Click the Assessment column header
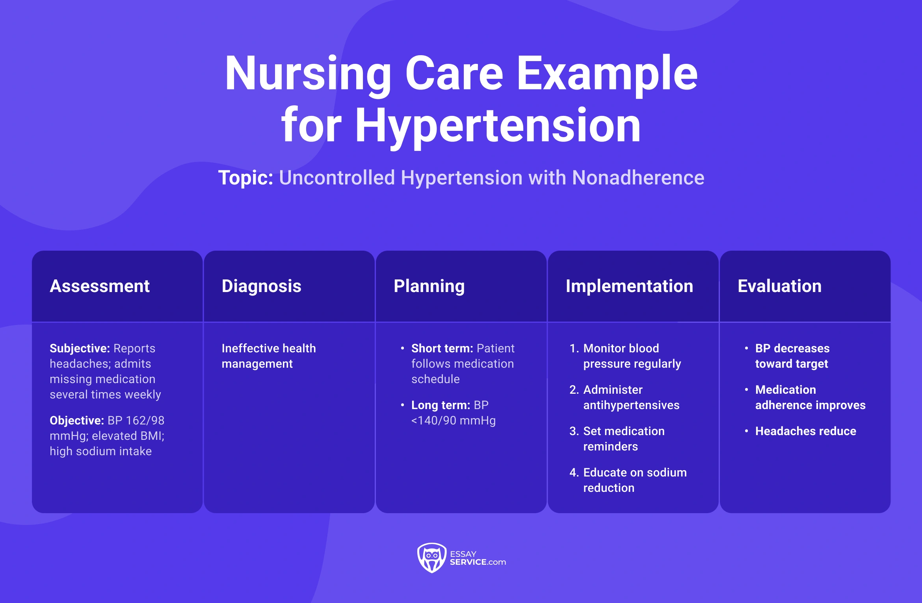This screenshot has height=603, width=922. tap(100, 286)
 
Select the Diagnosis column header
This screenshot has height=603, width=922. tap(261, 286)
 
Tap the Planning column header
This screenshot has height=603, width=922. tap(429, 286)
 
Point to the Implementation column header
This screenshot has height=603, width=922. tap(629, 286)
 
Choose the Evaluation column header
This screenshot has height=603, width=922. tap(779, 286)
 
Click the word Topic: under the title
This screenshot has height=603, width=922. tap(245, 178)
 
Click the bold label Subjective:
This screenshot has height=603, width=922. tap(80, 348)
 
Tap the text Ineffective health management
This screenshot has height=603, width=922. tap(268, 356)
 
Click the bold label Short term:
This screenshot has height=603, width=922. tap(442, 348)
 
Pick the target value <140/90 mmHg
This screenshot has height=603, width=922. tap(453, 421)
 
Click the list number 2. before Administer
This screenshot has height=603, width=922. tap(574, 390)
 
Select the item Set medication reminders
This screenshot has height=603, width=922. tap(623, 439)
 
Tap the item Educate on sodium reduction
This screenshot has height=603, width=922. tap(634, 480)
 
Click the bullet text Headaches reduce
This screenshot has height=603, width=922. tap(805, 431)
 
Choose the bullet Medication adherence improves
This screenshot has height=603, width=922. tap(810, 397)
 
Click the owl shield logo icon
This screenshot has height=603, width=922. tap(431, 558)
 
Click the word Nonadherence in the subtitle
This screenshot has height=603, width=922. tap(638, 178)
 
